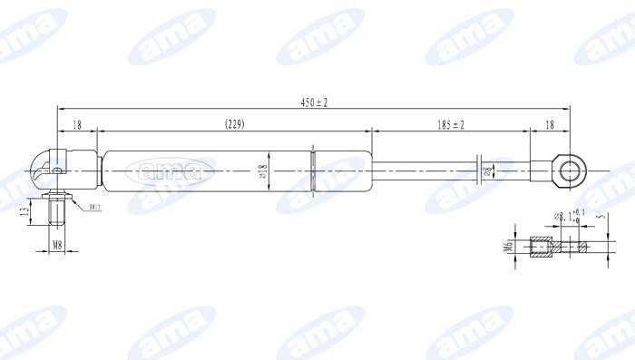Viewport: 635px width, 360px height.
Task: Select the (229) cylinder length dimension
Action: point(234,124)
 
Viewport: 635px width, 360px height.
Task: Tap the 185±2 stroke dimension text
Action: point(449,124)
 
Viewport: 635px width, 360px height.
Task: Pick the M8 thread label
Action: point(56,245)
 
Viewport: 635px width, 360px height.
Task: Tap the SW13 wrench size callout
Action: point(94,209)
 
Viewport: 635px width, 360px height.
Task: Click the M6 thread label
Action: point(508,246)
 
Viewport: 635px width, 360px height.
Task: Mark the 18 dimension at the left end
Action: point(77,124)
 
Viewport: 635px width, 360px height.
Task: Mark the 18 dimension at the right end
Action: point(550,124)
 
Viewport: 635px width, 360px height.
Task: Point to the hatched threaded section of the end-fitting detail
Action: point(542,247)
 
